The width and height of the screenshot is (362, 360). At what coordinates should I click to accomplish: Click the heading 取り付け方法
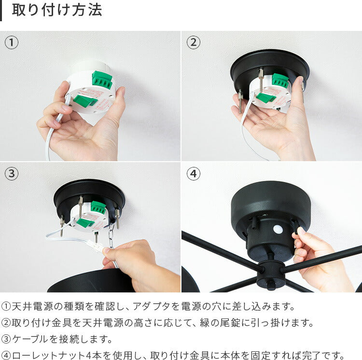[x=57, y=11]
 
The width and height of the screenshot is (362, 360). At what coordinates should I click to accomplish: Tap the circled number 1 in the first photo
[x=12, y=42]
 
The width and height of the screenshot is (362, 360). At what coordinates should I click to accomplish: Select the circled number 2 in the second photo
[x=193, y=42]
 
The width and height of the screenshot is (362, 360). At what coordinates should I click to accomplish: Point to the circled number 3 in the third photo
[x=12, y=174]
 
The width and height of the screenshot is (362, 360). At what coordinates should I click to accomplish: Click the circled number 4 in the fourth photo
[x=193, y=174]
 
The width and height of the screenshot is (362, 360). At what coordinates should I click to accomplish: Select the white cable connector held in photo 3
[x=97, y=246]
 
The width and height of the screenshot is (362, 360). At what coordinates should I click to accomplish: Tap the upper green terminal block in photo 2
[x=280, y=81]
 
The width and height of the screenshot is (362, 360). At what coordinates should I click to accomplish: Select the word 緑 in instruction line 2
[x=205, y=323]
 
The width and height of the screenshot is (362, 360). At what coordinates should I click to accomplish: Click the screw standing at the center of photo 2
[x=261, y=80]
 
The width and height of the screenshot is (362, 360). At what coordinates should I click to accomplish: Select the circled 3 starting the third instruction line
[x=6, y=339]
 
